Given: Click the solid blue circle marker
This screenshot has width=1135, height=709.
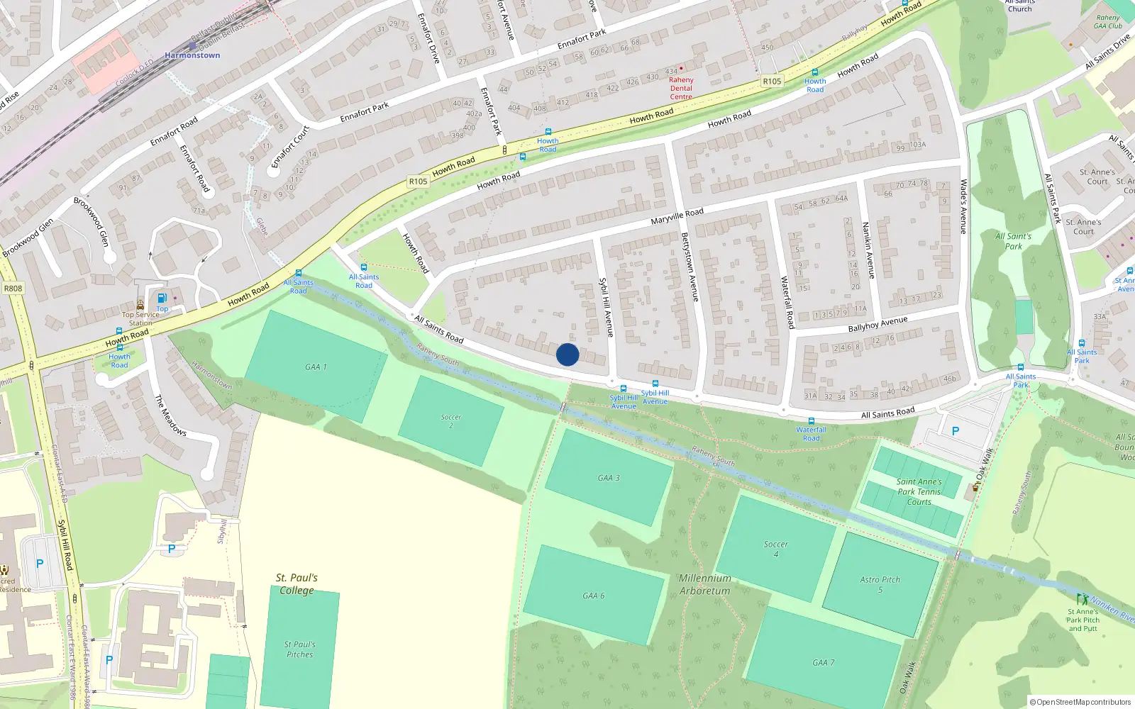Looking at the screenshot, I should (567, 354).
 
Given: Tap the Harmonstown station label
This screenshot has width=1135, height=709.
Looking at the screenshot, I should (192, 55).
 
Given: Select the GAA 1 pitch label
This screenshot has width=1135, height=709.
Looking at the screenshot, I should (316, 367).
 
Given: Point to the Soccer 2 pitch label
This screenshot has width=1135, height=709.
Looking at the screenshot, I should (450, 421).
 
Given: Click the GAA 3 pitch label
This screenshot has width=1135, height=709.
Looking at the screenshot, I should (608, 478).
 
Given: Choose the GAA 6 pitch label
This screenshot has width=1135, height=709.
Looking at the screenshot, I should (594, 596).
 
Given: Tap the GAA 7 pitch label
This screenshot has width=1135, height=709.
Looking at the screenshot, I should (823, 662).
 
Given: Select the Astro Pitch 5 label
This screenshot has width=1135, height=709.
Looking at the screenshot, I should (880, 584).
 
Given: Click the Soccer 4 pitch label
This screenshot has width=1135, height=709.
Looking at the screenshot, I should (775, 549).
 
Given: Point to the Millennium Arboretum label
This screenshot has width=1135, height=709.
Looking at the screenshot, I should (704, 584).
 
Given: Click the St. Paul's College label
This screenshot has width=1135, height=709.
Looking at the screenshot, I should (297, 584).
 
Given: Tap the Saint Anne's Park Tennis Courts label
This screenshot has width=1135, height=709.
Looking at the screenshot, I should (919, 491).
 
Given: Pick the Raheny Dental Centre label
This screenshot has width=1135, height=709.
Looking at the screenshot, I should (681, 88).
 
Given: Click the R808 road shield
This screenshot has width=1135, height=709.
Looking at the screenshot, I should (13, 289).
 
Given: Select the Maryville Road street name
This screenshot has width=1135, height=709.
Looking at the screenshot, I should (677, 216).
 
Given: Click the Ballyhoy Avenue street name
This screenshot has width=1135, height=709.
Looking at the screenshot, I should (877, 325).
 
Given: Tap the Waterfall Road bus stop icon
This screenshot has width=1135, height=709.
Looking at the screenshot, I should (811, 421).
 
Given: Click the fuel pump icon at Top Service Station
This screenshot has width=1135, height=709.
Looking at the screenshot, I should (162, 298).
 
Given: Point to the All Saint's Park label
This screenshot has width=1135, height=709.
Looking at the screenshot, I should (1013, 241).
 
